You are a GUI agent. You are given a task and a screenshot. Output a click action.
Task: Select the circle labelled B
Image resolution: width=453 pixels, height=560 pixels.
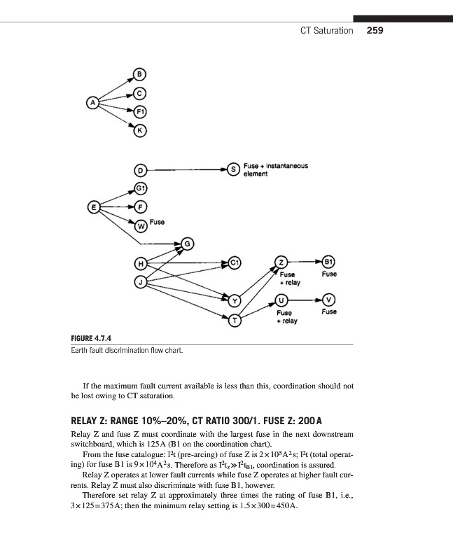point(139,74)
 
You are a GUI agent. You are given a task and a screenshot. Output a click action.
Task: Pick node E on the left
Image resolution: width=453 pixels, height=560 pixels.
point(90,207)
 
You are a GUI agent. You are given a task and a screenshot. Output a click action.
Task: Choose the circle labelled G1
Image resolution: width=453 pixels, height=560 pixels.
point(139,188)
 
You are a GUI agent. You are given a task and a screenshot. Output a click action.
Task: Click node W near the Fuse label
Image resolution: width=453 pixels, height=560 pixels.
point(140,225)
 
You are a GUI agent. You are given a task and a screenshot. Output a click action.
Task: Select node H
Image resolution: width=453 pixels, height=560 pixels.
point(139,262)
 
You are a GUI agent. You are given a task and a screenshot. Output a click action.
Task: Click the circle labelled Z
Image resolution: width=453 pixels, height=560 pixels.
point(281,262)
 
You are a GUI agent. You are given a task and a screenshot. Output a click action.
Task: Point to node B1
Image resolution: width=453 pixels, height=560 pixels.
point(329,262)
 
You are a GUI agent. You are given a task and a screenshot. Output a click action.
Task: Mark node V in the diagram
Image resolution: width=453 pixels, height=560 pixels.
point(329,297)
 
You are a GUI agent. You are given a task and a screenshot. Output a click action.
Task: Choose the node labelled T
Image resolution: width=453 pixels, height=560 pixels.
point(235,321)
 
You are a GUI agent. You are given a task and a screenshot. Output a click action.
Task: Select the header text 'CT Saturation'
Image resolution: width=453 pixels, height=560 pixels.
point(326,31)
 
